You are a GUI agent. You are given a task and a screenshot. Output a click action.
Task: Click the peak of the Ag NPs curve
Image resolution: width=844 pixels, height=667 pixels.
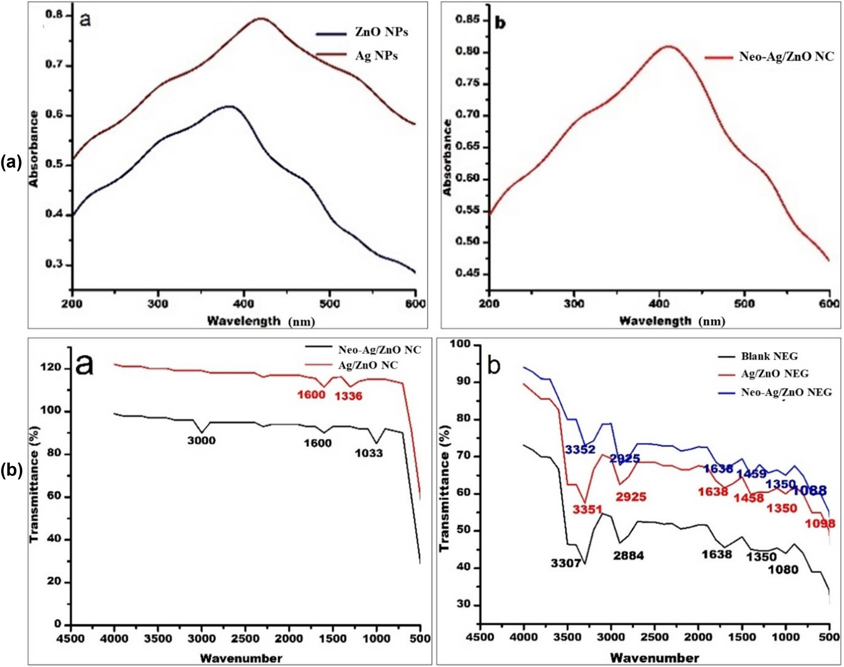(261, 19)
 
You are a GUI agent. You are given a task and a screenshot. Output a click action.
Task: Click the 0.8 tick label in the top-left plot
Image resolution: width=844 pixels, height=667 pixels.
(54, 15)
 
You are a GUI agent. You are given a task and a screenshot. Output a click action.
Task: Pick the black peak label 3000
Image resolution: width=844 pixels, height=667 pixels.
(201, 441)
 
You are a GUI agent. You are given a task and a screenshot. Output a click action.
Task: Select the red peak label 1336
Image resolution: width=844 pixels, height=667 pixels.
(348, 396)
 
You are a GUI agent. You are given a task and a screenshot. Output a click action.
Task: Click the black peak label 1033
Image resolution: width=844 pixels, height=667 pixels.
(368, 454)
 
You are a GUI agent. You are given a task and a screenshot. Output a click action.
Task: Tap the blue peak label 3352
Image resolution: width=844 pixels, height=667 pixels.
(580, 450)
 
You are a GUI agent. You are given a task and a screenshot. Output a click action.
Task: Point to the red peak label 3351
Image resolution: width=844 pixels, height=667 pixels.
(587, 510)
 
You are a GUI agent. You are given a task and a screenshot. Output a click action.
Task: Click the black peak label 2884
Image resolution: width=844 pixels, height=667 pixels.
(628, 556)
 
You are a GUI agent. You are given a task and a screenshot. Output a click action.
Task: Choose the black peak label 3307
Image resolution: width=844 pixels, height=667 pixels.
(565, 564)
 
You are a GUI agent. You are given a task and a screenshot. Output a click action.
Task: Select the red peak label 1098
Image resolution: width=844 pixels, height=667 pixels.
(820, 524)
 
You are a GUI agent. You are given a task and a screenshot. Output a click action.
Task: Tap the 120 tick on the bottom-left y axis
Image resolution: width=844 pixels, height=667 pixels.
(50, 368)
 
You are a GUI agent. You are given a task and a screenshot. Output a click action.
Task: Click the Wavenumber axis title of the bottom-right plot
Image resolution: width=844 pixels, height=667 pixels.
(654, 658)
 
